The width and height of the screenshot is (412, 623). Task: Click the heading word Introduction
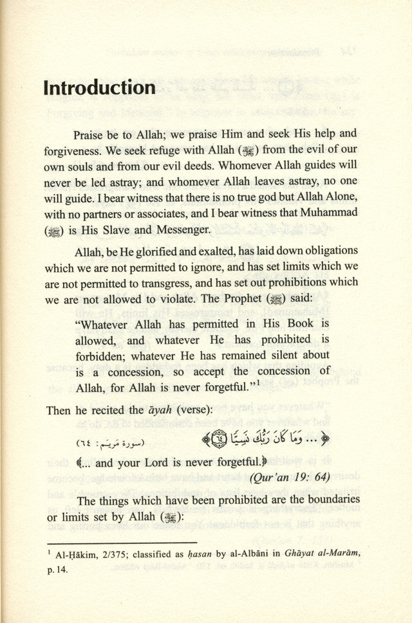click(x=99, y=88)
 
